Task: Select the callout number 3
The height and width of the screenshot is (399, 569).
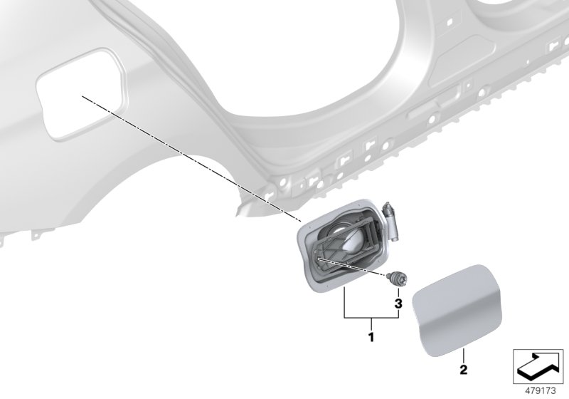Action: (x=398, y=304)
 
